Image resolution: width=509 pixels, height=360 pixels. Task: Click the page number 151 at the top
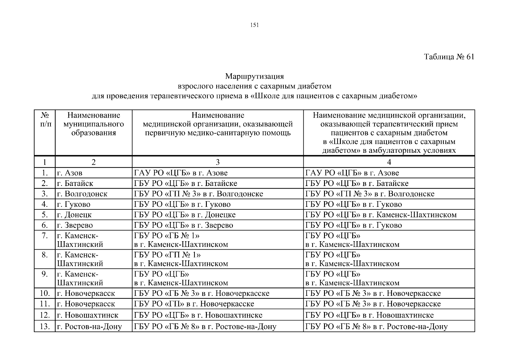tap(254, 25)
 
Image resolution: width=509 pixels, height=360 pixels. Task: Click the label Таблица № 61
tap(449, 57)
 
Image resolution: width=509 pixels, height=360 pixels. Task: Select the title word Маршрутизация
tap(255, 76)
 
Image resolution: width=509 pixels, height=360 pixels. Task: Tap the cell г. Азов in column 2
tap(70, 173)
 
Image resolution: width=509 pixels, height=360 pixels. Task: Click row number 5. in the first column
tap(45, 215)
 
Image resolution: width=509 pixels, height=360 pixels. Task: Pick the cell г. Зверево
tap(75, 225)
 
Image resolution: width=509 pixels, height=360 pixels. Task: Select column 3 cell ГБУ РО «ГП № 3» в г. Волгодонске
tap(198, 194)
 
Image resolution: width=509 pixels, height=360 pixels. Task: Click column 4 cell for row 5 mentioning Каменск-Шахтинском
tap(381, 215)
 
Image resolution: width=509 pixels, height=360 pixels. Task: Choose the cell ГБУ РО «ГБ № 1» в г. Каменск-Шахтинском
tap(181, 240)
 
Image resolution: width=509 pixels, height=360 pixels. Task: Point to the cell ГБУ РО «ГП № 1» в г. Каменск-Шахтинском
tap(181, 259)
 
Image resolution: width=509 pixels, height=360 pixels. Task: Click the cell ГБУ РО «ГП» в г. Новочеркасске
tap(194, 304)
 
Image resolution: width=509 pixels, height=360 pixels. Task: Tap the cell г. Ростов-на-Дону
tap(89, 327)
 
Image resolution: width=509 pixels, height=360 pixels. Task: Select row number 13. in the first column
tap(45, 327)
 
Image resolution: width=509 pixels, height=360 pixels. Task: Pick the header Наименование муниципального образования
tap(94, 124)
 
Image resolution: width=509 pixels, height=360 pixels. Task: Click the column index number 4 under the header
tap(389, 162)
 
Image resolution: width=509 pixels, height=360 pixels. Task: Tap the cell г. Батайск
tap(75, 184)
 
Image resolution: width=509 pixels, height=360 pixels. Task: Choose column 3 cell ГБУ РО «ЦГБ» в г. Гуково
tap(182, 205)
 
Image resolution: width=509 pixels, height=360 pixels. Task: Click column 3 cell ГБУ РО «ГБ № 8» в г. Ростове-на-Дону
tap(205, 327)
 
